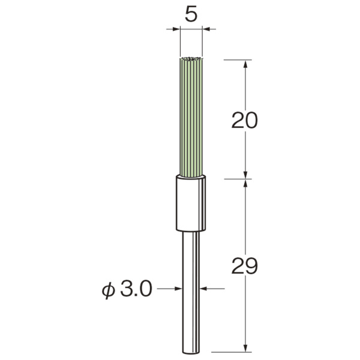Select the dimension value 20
(x=245, y=120)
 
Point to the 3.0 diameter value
(x=136, y=289)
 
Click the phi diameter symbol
(x=108, y=290)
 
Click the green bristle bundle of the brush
(x=191, y=117)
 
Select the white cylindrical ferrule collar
(x=191, y=203)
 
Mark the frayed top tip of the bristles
(x=191, y=59)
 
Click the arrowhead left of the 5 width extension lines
(x=176, y=29)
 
